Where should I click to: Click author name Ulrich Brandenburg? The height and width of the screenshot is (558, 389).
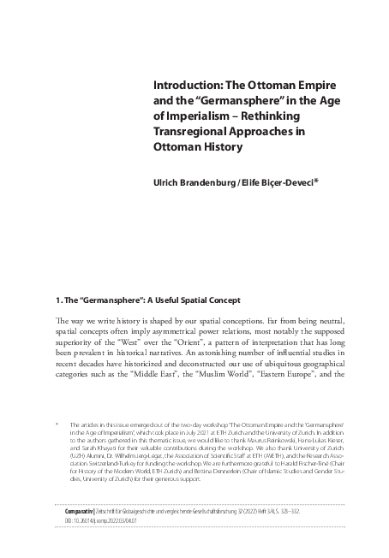[195, 181]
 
